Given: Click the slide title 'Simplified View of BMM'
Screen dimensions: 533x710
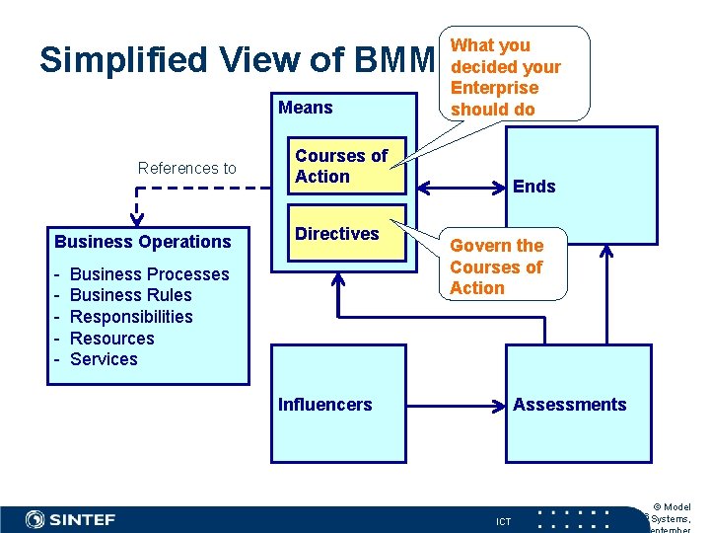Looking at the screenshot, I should click(x=237, y=61).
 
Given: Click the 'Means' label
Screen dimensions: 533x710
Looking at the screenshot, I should click(x=306, y=108).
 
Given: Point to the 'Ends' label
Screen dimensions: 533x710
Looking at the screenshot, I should click(x=533, y=187).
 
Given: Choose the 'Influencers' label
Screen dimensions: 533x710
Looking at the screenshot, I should click(x=325, y=405).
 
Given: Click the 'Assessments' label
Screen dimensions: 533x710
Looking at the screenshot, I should click(x=569, y=405).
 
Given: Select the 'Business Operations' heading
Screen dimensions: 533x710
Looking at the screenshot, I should click(x=143, y=242).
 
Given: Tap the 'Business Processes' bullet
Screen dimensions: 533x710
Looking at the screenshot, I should click(x=150, y=274).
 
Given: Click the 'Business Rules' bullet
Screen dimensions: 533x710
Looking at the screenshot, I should click(x=131, y=295).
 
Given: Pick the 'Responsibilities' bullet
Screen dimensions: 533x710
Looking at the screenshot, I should click(x=131, y=317).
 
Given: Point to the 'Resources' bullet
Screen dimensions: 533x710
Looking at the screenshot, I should click(x=112, y=339).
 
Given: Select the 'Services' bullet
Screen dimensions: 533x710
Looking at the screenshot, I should click(x=104, y=359).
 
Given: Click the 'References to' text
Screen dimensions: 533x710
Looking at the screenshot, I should click(x=187, y=169).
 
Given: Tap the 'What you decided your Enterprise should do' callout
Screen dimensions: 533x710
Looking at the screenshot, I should click(x=505, y=76).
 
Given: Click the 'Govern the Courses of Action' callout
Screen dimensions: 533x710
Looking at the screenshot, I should click(x=496, y=266).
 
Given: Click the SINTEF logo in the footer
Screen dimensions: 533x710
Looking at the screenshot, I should click(x=70, y=519).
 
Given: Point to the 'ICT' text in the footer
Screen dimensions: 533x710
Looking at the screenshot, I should click(x=503, y=521).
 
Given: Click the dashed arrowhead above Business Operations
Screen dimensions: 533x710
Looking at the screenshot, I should click(x=137, y=220).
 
